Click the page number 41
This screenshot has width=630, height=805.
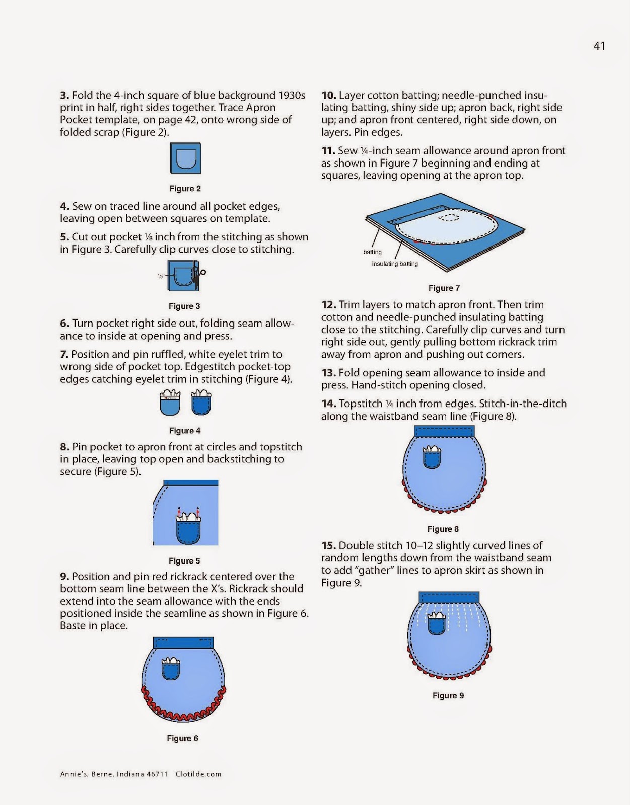(x=599, y=46)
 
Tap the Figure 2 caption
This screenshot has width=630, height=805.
(x=185, y=189)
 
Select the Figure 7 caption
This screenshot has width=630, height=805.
(x=444, y=288)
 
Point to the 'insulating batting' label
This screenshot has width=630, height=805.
(x=395, y=264)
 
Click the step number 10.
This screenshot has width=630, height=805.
(x=329, y=96)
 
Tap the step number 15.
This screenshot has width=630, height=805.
(x=329, y=546)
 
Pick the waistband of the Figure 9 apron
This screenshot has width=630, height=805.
(x=449, y=597)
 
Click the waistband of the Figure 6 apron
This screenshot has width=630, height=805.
(x=183, y=642)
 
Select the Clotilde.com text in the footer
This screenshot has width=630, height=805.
(x=198, y=774)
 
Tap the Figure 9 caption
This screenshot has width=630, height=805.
(x=448, y=696)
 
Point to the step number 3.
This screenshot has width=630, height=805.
(x=64, y=96)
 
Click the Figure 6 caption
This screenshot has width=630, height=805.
(x=182, y=738)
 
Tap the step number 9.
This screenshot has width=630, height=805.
(x=64, y=577)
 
